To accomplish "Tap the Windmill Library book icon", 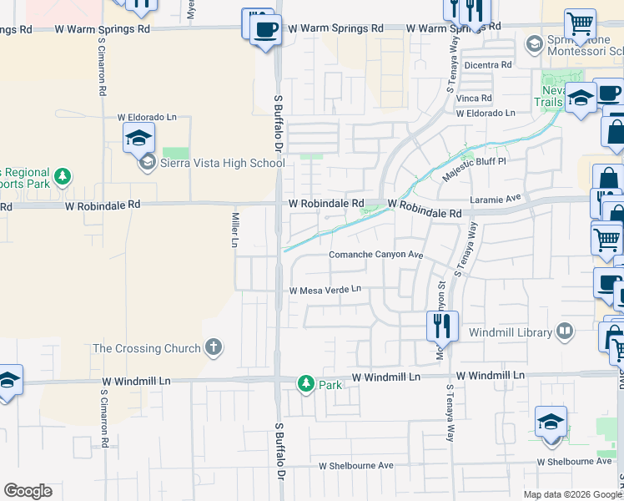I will [566, 332].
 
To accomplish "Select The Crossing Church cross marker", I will [214, 348].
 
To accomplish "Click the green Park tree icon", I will [306, 384].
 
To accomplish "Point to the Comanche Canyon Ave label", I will [377, 255].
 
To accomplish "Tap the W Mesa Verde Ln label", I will [325, 291].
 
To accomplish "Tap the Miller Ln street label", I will [235, 230].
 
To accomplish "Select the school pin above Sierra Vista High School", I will [139, 137].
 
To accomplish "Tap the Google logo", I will [28, 491].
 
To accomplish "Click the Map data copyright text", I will [572, 494].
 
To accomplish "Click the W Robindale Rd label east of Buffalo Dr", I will [326, 203].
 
